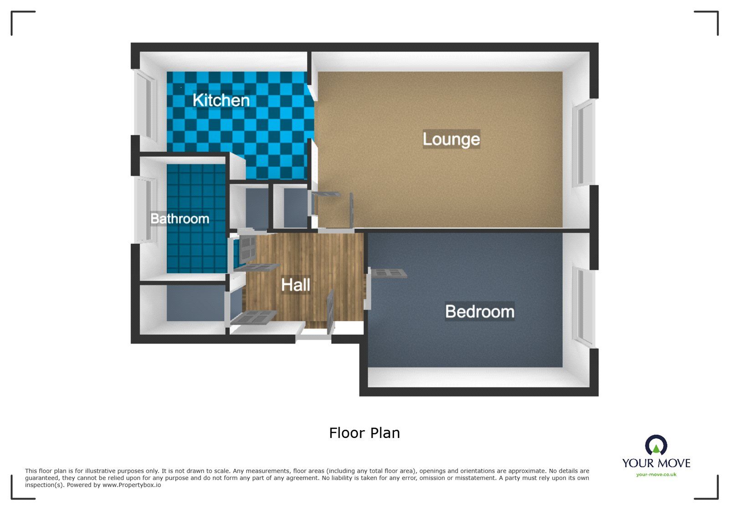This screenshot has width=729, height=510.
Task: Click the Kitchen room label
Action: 221,100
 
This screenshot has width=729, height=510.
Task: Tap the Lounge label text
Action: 451,139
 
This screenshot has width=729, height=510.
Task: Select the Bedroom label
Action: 479,312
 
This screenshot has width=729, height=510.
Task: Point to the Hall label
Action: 295,285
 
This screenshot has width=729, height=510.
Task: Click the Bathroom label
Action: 180,219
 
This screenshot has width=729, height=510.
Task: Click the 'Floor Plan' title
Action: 364,433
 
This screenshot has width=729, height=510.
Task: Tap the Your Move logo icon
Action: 656,445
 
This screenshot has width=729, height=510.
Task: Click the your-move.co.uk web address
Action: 656,474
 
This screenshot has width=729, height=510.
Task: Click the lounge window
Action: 583,144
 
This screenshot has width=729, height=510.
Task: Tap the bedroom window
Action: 583,306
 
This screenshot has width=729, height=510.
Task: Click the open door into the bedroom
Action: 388,273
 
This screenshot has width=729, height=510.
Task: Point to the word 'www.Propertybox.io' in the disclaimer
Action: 132,485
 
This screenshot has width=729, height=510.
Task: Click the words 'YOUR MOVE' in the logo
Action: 656,463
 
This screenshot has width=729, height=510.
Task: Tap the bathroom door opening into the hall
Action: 248,248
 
